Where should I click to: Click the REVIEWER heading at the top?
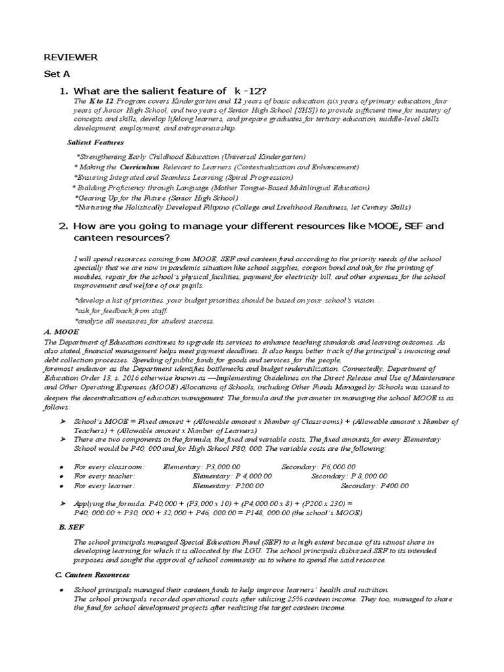[70, 58]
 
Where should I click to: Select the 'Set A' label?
[56, 74]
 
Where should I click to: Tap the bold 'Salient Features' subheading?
[95, 142]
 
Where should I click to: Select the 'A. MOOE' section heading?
[62, 332]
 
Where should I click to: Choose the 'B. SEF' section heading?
[71, 526]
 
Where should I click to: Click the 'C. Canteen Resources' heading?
[92, 574]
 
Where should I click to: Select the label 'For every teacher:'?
[104, 476]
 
